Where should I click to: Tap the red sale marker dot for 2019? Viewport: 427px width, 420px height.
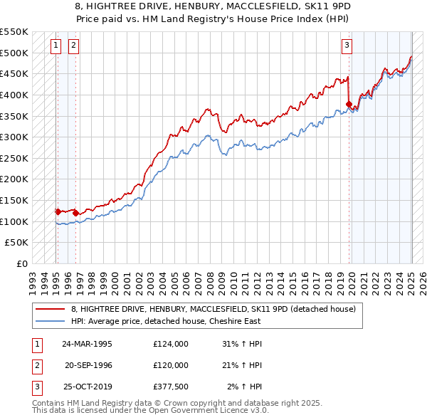coord(349,104)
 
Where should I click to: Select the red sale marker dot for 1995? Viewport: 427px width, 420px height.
coord(57,211)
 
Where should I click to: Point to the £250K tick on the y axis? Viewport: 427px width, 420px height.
coord(16,158)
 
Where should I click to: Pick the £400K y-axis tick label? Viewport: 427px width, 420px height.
coord(16,95)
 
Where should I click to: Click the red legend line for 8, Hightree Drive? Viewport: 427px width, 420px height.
coord(50,309)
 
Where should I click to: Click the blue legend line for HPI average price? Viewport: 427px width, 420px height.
coord(50,321)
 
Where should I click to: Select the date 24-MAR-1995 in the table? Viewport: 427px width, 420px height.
coord(88,344)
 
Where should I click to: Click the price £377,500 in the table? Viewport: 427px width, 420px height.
coord(171,387)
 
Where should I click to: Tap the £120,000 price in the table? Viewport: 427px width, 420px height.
coord(171,365)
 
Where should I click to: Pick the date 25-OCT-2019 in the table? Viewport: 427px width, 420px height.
coord(88,387)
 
